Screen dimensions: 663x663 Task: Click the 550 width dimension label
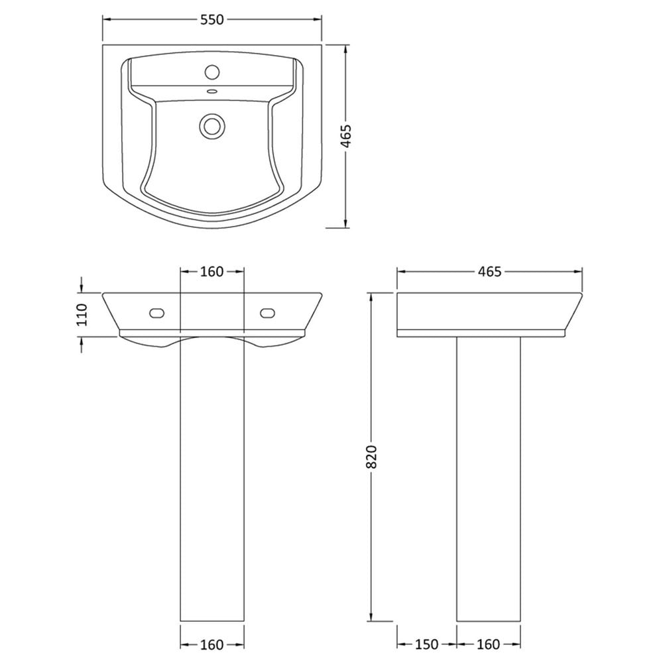pos(212,19)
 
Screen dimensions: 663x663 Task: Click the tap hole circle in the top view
pos(212,72)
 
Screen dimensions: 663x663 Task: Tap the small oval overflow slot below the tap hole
pos(212,90)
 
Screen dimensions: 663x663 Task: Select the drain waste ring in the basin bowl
pos(212,125)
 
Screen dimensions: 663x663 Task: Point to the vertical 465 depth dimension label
pos(346,136)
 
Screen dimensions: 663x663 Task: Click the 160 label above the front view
pos(211,271)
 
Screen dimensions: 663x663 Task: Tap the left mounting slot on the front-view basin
pos(157,314)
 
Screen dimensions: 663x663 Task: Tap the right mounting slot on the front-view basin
pos(267,314)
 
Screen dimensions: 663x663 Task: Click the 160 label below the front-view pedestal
pos(211,645)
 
